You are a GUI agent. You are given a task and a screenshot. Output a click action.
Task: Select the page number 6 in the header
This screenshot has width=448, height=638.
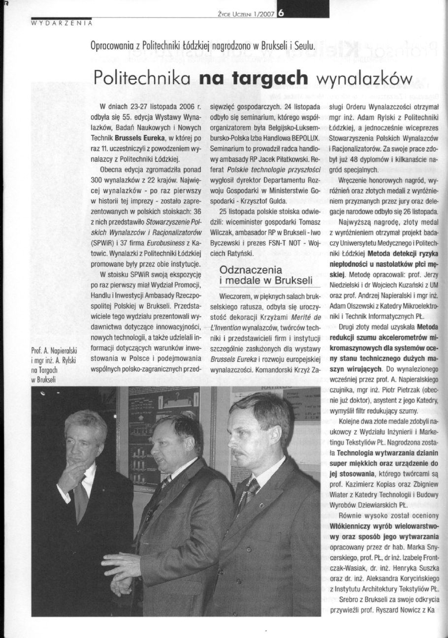pos(281,14)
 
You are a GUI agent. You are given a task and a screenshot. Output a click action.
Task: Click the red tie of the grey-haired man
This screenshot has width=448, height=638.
pos(81,497)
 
